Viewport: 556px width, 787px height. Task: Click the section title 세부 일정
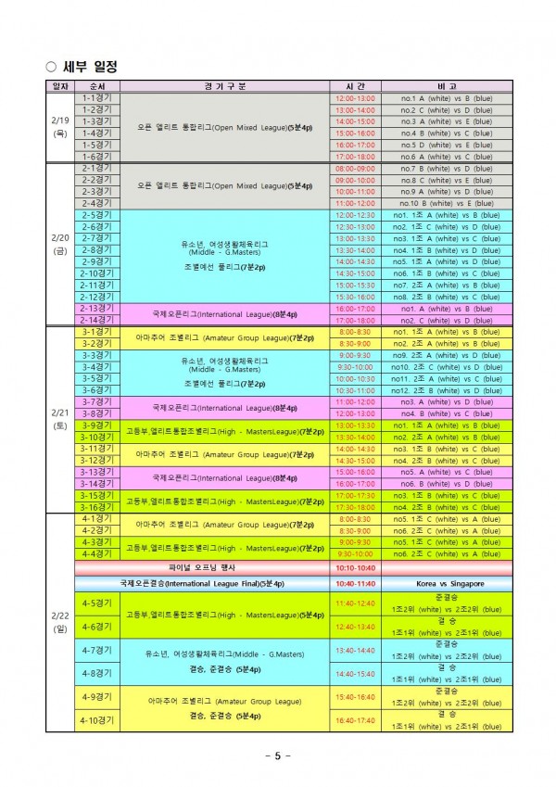pos(89,66)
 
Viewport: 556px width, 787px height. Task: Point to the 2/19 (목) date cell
pos(60,127)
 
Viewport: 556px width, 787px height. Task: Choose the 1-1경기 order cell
pos(96,97)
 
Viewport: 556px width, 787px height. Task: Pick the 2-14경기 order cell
pos(96,320)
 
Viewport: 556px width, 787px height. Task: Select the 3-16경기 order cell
pos(96,507)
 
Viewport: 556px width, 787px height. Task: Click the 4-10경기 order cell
pos(96,719)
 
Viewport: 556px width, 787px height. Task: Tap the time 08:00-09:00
pos(355,169)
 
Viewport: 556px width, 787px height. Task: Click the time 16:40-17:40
pos(355,719)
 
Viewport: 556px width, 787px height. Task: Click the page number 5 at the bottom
pos(278,755)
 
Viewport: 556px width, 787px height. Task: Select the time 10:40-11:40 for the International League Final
pos(355,584)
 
